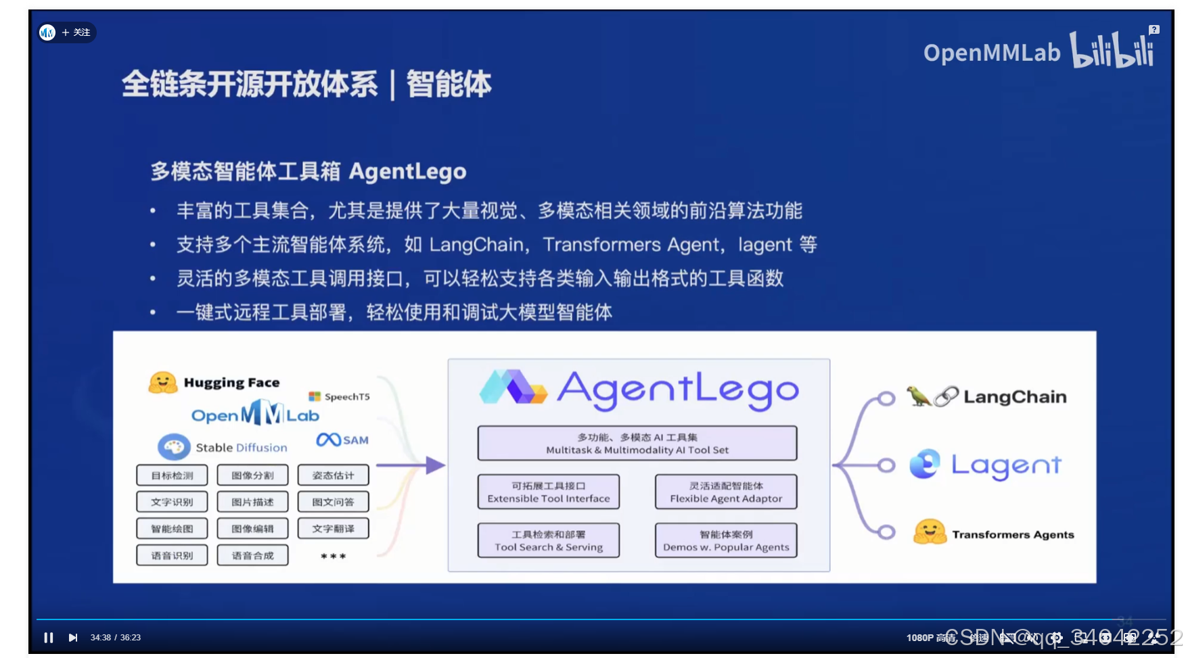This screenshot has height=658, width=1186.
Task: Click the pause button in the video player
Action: point(49,638)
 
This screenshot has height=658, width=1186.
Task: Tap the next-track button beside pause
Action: point(73,638)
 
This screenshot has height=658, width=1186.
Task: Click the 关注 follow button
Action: point(76,32)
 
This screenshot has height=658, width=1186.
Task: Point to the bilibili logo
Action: point(1112,50)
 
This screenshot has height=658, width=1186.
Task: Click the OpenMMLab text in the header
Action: point(991,53)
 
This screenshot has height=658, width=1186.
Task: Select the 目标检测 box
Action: point(172,475)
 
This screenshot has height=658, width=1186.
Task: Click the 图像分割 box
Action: point(252,475)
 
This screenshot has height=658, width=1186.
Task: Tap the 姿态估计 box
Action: point(333,475)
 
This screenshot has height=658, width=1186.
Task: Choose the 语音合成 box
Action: point(252,555)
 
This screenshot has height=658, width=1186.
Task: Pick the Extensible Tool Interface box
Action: point(548,492)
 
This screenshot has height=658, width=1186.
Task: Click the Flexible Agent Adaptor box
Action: point(726,492)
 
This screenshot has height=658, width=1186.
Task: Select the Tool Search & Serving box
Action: point(548,540)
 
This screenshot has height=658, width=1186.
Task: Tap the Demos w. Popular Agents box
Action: point(726,540)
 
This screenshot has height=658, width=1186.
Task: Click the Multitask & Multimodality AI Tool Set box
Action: point(637,443)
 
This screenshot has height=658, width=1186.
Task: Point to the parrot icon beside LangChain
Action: point(918,396)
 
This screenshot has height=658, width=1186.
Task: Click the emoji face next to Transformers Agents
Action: point(930,532)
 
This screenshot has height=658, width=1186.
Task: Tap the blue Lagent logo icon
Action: point(925,464)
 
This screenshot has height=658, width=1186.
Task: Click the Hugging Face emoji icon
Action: point(163,383)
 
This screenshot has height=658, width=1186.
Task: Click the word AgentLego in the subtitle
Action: point(407,172)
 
